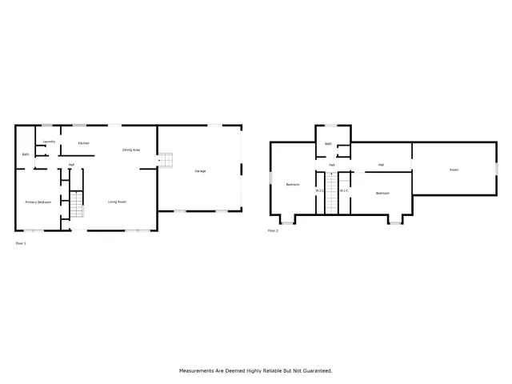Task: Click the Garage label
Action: pos(200,171)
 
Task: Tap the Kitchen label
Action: pos(83,143)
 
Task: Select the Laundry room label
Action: pos(49,141)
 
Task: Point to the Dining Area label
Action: pos(131,150)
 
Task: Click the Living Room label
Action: pos(118,202)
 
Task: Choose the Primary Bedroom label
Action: pos(38,202)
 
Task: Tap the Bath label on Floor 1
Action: pos(26,154)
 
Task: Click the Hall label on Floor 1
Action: pos(71,165)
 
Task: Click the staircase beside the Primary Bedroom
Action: pos(75,206)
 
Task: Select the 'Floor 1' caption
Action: pos(21,242)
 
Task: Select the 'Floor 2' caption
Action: pos(273,230)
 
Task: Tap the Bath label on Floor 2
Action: pos(328,144)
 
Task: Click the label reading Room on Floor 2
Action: pos(454,170)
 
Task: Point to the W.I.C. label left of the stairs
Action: pos(319,190)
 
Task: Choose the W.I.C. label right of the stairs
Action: pos(344,190)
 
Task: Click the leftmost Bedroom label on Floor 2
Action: pos(293,185)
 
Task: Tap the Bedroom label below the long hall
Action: pos(382,193)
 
